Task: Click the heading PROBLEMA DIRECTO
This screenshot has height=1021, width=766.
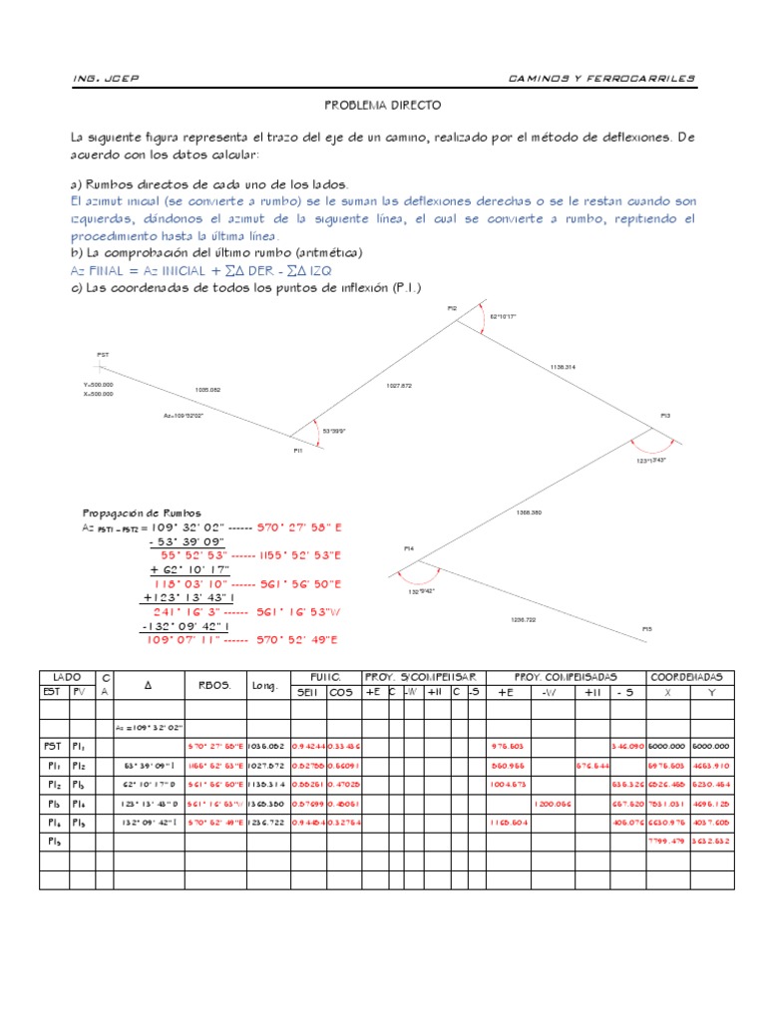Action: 383,105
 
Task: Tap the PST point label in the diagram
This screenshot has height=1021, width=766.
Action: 103,355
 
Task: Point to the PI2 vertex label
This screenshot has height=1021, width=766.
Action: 452,308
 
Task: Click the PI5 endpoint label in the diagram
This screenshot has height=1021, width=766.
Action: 646,628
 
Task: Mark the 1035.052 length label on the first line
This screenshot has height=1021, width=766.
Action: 207,389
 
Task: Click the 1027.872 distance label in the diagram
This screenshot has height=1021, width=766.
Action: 399,384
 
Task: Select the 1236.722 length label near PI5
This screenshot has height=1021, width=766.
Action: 524,619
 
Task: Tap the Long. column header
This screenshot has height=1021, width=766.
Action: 264,685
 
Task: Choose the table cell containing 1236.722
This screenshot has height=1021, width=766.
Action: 264,822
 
